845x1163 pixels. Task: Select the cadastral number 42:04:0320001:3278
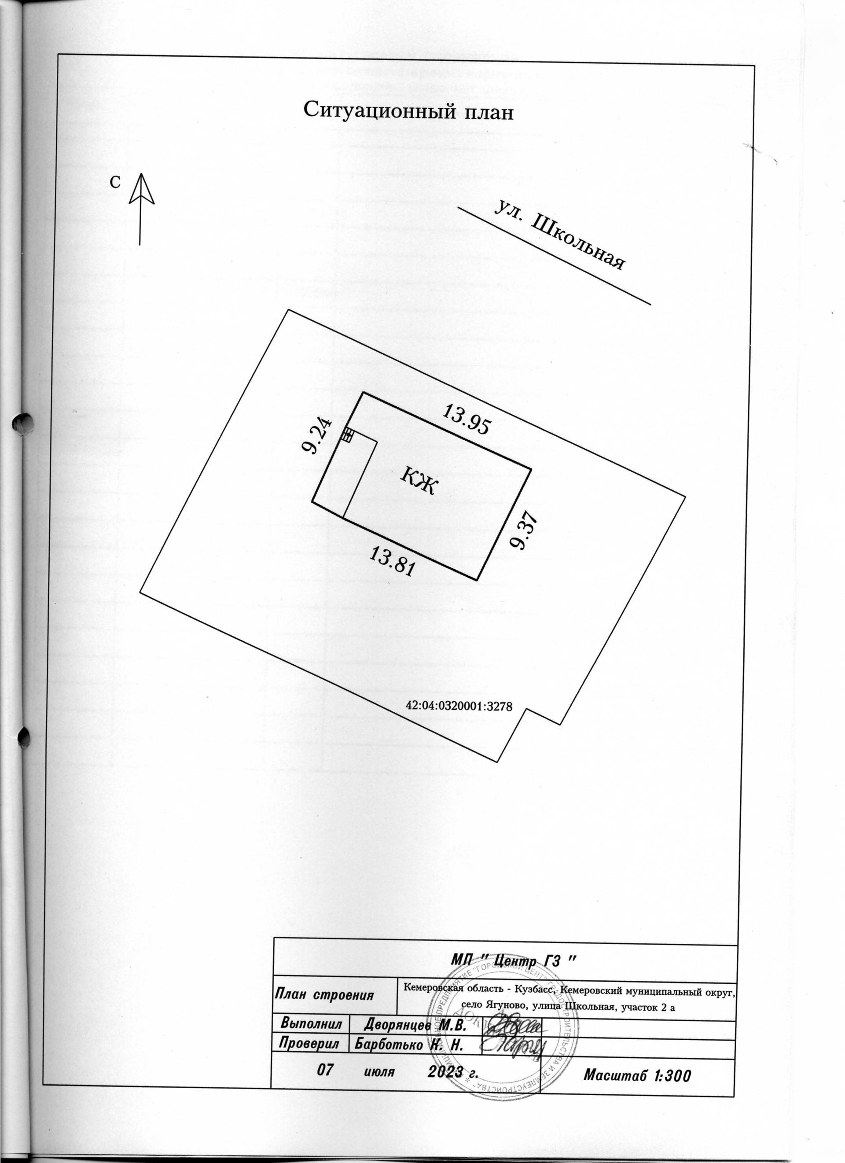459,706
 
